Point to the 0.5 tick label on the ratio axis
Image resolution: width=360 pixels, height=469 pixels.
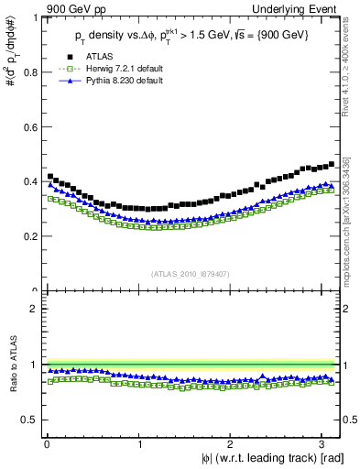coord(28,420)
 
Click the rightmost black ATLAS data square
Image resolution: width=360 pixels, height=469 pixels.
coord(331,165)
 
